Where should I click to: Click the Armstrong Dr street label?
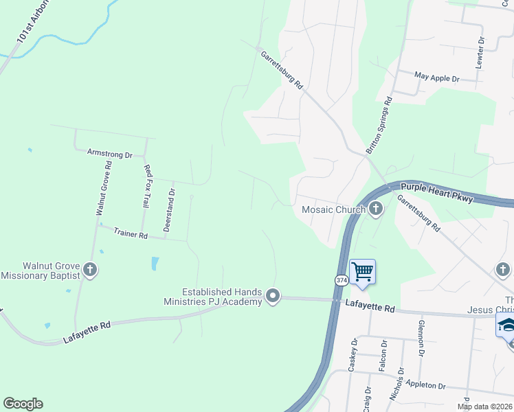tap(110, 154)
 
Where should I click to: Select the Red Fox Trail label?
tap(146, 185)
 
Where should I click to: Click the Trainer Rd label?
tap(131, 235)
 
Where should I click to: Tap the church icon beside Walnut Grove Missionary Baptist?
tap(90, 270)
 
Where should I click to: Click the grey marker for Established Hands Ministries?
tap(273, 296)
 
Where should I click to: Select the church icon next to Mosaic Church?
tap(375, 209)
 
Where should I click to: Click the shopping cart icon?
tap(362, 271)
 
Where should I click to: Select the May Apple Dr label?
tap(438, 78)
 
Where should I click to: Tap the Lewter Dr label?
tap(480, 52)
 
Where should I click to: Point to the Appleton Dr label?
tap(426, 387)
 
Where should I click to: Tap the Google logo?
tap(23, 404)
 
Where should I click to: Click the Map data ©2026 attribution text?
tap(484, 407)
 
